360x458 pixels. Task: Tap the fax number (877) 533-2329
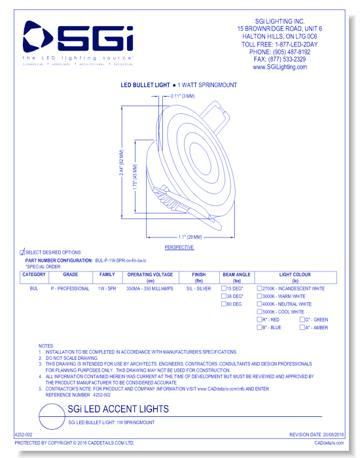(288, 59)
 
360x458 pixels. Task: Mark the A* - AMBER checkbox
(302, 327)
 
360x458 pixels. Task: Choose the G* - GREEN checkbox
(302, 320)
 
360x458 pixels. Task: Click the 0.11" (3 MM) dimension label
(183, 96)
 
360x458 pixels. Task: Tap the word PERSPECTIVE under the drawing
(179, 248)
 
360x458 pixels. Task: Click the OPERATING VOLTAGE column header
(150, 275)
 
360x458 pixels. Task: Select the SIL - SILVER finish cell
(198, 289)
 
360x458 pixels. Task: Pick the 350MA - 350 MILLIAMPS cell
(150, 289)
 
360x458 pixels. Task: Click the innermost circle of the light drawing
(208, 156)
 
